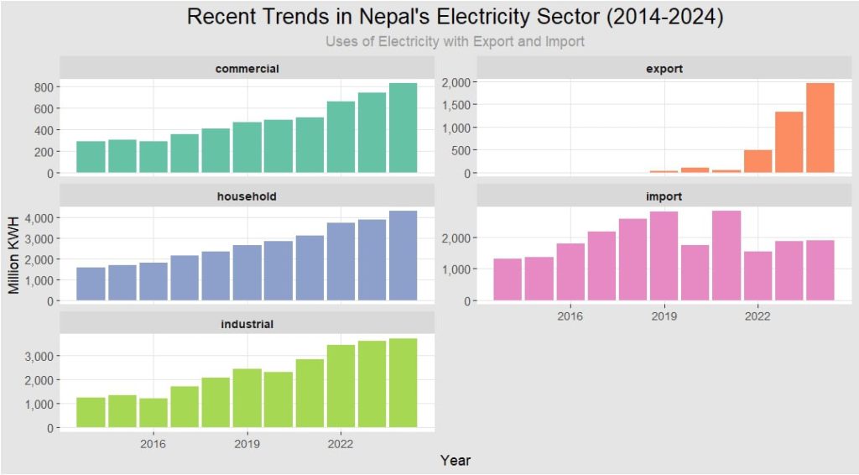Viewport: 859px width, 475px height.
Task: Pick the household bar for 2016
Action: click(x=154, y=281)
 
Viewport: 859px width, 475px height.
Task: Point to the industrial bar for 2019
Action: click(x=247, y=398)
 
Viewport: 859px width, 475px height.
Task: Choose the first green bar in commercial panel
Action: click(x=91, y=157)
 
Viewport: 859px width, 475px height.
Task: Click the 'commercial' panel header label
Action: click(x=247, y=68)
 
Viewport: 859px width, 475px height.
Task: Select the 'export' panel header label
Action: click(x=664, y=68)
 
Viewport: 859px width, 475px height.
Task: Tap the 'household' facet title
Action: click(x=247, y=196)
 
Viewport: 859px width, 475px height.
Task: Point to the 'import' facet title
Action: click(x=664, y=196)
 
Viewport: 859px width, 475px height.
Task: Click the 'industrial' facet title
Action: click(x=247, y=323)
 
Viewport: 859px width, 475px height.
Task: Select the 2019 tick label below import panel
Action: click(x=664, y=316)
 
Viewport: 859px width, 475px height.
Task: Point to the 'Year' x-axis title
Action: click(x=456, y=461)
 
